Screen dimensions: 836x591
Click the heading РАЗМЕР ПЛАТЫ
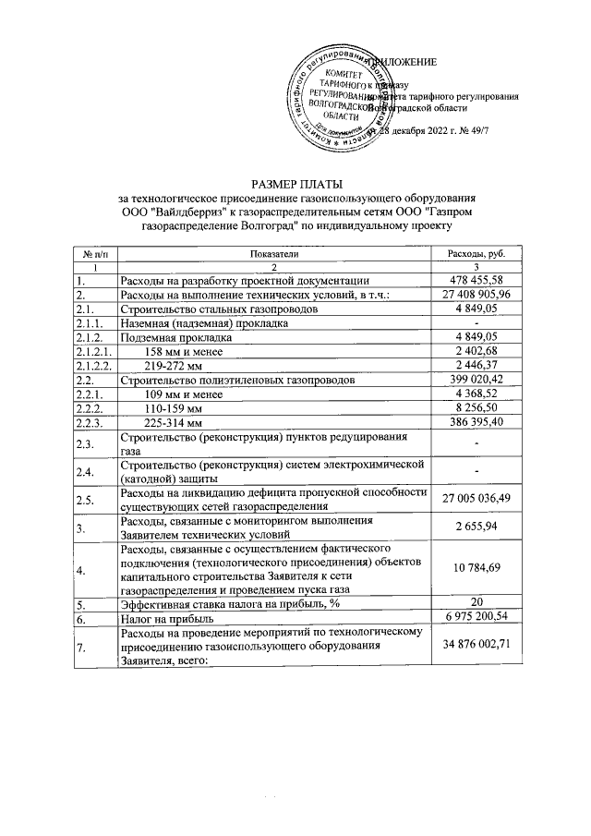pyautogui.click(x=295, y=183)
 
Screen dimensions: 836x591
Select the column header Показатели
pyautogui.click(x=273, y=253)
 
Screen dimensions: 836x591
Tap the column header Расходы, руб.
pyautogui.click(x=475, y=253)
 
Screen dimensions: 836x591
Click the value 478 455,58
pyautogui.click(x=475, y=280)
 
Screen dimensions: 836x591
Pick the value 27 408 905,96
pyautogui.click(x=475, y=295)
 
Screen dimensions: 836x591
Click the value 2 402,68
pyautogui.click(x=476, y=352)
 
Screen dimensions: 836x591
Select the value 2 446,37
pyautogui.click(x=476, y=366)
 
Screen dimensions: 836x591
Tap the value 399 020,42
pyautogui.click(x=475, y=381)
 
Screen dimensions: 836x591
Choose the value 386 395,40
pyautogui.click(x=475, y=424)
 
